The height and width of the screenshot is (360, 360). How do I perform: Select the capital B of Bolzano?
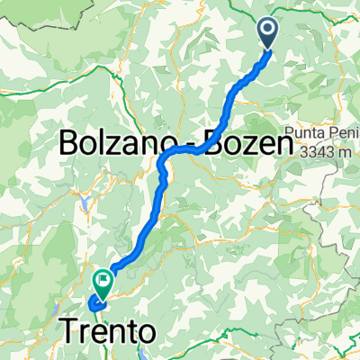70,142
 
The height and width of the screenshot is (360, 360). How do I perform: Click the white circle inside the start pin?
269,30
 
